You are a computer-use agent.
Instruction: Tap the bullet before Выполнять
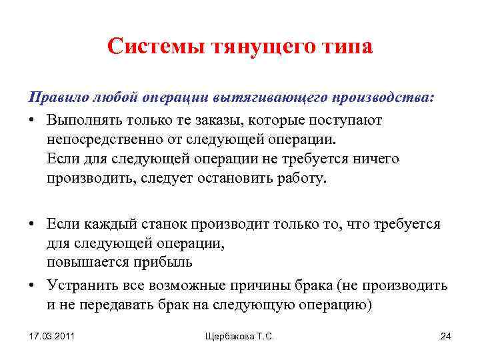(31, 120)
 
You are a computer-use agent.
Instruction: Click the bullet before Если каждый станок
(31, 225)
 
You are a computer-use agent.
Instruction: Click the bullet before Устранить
(31, 286)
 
